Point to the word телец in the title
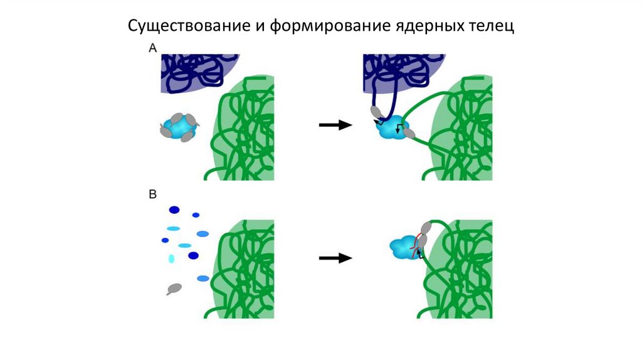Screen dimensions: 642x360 coord(491,26)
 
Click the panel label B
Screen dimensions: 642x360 coord(152,194)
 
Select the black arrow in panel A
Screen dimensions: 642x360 coord(335,125)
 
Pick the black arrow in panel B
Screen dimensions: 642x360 coord(335,258)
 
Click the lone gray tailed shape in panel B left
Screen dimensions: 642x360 coord(174,288)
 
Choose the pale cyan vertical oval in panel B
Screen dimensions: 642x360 coord(171,258)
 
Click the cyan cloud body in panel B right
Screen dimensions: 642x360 coord(401,249)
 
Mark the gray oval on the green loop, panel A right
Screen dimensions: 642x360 coord(409,132)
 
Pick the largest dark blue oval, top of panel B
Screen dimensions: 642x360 coord(174,210)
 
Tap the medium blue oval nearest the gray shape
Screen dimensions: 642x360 coord(203,278)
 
